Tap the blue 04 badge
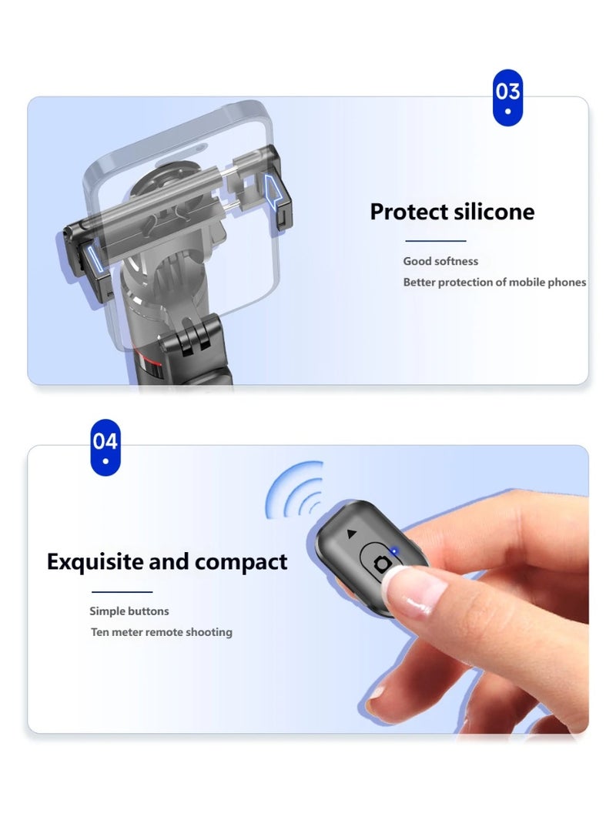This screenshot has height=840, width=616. pos(105,447)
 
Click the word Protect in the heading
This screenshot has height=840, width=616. pos(408,212)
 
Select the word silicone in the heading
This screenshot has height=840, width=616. pos(493,212)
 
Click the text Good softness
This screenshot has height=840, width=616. pos(440,262)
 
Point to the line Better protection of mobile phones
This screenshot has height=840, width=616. pos(494,283)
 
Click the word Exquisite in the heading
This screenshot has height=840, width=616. pos(95,562)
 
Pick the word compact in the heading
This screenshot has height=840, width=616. pos(241,562)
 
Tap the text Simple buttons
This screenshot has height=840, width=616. pos(129,611)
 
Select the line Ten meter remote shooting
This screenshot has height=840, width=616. pos(161,632)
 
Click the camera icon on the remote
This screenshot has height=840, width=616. pos(381,564)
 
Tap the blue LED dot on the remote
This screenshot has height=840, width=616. pos(394,551)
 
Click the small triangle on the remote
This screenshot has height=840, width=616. pos(352,533)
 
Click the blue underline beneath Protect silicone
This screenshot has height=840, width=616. pos(435,241)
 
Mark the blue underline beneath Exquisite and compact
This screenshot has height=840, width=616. pos(122,592)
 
